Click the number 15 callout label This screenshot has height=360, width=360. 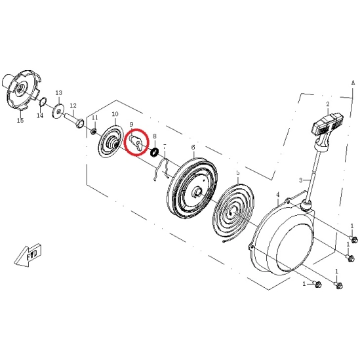(20, 120)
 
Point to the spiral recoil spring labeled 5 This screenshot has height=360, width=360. (233, 212)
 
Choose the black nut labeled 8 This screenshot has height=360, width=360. (155, 152)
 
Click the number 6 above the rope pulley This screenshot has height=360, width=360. (193, 147)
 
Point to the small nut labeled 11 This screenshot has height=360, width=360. (93, 132)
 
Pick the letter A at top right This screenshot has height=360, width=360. (353, 83)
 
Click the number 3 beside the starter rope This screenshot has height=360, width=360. (301, 180)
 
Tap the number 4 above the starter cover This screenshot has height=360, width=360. (278, 195)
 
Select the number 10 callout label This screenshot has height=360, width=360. (115, 114)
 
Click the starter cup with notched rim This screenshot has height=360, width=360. (21, 90)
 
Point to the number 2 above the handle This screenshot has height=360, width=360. (328, 104)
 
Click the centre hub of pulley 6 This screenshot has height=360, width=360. (198, 191)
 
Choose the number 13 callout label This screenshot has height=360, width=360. (59, 92)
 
